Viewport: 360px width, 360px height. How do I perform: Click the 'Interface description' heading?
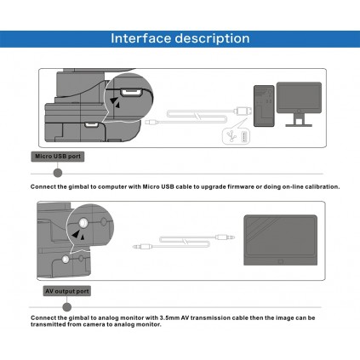(x=180, y=38)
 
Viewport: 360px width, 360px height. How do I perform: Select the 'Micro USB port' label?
(x=58, y=157)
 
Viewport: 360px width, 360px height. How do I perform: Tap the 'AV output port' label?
(x=67, y=291)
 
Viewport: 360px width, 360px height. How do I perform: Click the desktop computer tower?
(x=264, y=106)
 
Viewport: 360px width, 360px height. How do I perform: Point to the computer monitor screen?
(x=299, y=97)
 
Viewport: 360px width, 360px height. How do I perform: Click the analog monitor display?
(x=281, y=240)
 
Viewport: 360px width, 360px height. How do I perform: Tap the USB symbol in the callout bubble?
(x=232, y=136)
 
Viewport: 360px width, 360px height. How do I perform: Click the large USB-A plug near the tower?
(x=243, y=111)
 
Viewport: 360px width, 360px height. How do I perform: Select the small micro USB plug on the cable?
(x=151, y=123)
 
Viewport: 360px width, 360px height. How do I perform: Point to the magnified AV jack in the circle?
(x=83, y=223)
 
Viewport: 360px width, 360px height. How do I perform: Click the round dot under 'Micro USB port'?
(x=58, y=173)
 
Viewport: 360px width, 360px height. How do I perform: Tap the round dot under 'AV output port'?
(x=67, y=307)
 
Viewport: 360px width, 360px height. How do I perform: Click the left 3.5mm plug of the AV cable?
(x=143, y=247)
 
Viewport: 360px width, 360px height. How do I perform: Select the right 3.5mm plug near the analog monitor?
(x=225, y=237)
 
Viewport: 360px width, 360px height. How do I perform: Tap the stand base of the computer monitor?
(x=299, y=125)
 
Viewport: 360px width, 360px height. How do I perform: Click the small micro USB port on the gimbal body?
(x=90, y=124)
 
